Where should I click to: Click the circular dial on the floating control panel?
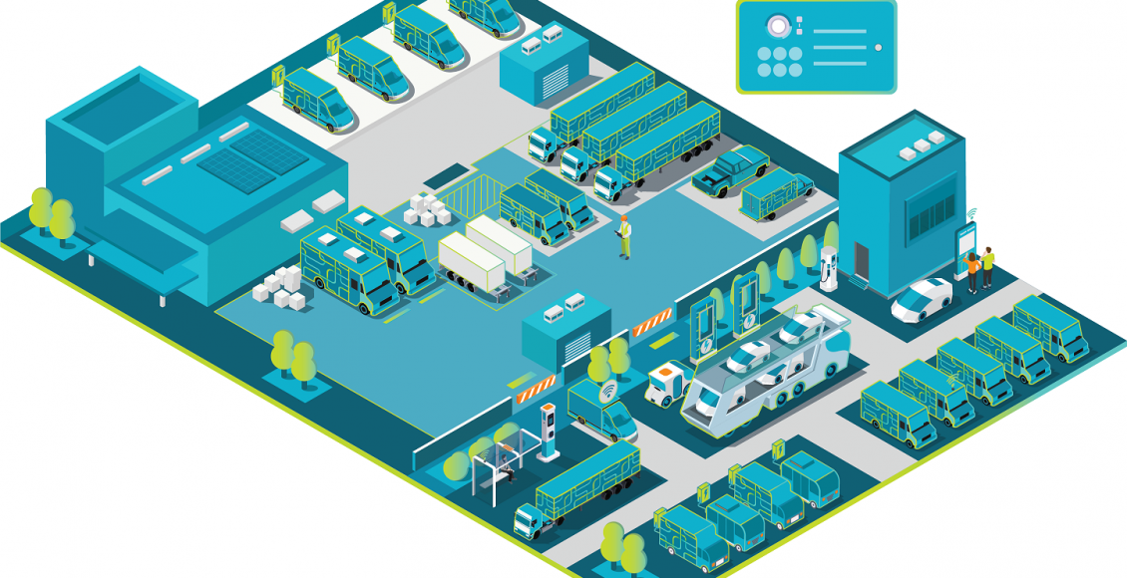click(774, 26)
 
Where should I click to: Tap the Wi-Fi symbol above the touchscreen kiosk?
click(972, 213)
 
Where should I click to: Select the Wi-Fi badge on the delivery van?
click(606, 393)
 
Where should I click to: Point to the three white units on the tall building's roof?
click(920, 145)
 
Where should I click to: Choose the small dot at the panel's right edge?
click(878, 47)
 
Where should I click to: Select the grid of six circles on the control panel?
click(779, 62)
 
